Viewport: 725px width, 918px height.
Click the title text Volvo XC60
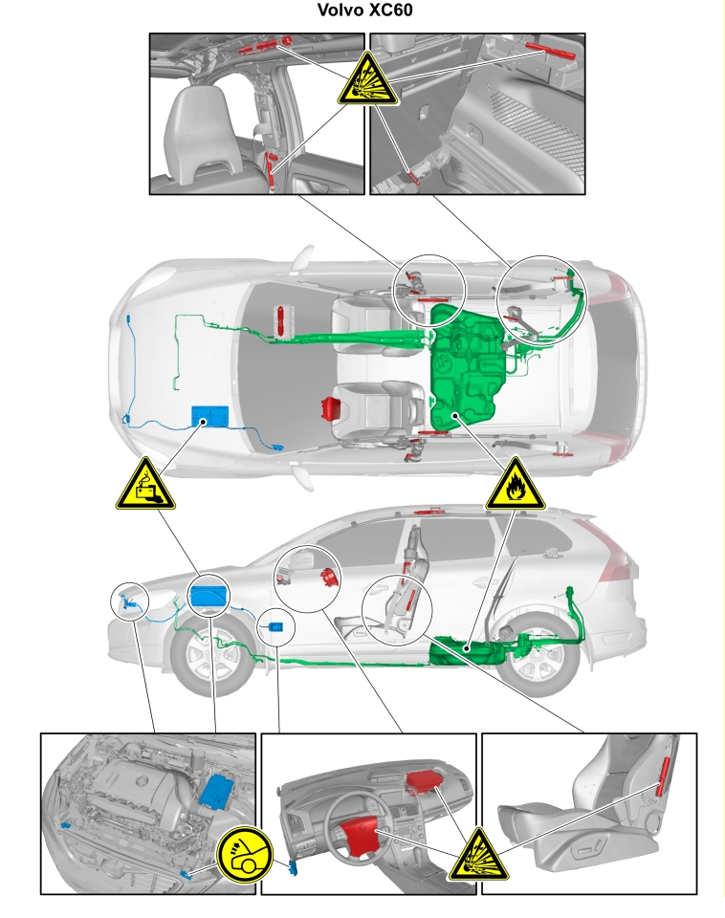pos(364,10)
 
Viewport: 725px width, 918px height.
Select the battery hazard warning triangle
pos(145,486)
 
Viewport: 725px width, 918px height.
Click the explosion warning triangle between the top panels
pos(367,80)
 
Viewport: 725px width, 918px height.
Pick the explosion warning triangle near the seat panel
pos(478,856)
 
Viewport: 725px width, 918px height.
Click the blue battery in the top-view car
pos(209,416)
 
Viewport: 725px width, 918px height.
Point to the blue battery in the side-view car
pos(209,596)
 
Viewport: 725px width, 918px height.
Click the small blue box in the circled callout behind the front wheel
pos(276,627)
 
